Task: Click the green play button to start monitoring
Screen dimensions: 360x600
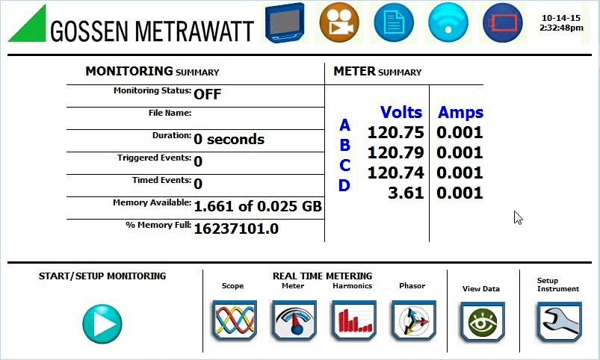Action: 102,324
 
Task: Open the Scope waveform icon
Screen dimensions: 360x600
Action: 235,320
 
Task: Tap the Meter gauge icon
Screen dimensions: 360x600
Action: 294,320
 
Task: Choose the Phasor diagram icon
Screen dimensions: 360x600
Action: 413,320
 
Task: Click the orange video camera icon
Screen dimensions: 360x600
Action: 339,22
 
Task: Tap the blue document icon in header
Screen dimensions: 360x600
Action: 394,22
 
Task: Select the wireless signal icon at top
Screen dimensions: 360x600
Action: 448,22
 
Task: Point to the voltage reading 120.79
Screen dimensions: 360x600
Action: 395,153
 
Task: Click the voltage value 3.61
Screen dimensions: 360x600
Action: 408,193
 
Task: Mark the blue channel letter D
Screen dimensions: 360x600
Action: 344,185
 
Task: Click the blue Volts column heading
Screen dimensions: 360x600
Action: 401,113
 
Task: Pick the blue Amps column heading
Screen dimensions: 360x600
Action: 460,113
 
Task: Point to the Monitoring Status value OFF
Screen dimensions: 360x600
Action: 207,94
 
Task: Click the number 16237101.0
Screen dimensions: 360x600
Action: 235,229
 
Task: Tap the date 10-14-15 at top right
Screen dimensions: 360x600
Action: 561,17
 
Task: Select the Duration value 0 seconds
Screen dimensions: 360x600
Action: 229,139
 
